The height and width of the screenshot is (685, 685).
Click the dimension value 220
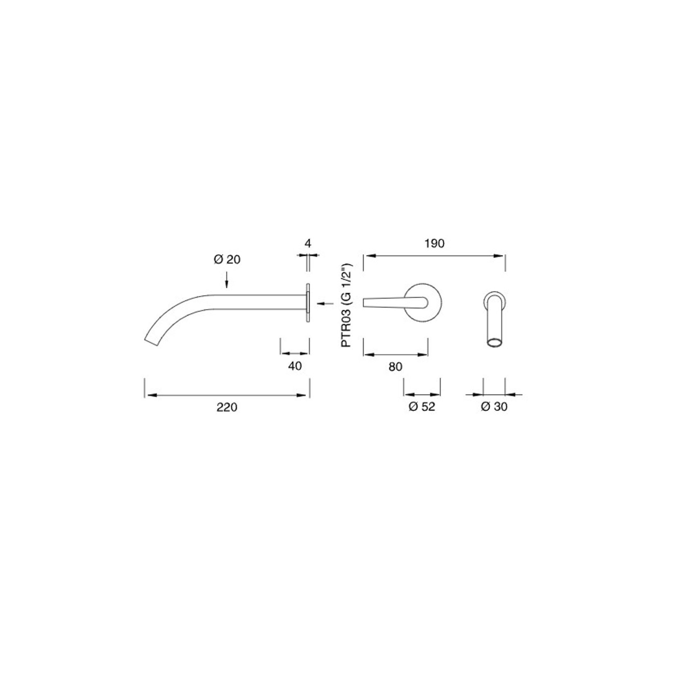click(227, 407)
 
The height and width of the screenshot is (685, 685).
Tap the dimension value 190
click(434, 244)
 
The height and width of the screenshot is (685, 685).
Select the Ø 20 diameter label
click(227, 260)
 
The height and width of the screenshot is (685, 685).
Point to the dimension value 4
click(308, 244)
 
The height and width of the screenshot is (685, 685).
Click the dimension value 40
click(295, 366)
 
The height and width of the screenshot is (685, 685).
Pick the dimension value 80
click(395, 367)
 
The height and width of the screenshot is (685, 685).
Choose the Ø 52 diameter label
click(422, 407)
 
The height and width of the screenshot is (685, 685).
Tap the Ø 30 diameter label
click(494, 407)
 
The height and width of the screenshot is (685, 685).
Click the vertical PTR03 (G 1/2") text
click(347, 305)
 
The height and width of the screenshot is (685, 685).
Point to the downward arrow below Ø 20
click(227, 282)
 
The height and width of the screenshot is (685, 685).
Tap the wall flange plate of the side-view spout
click(307, 303)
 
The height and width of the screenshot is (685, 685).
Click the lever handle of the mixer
click(392, 302)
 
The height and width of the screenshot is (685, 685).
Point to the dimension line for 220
click(227, 395)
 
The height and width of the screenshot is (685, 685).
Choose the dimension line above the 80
click(396, 354)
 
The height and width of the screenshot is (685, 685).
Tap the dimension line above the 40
click(295, 354)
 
